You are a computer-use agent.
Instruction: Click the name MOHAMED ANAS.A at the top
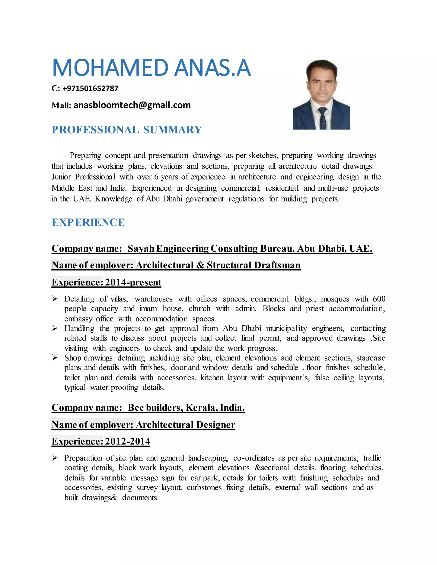coord(151,68)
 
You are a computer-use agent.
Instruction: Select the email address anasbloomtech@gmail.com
coord(132,105)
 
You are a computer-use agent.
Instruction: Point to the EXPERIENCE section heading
coord(88,222)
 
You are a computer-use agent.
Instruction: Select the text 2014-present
coord(133,282)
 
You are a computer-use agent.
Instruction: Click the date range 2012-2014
coord(128,441)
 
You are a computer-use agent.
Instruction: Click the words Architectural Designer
coord(185,424)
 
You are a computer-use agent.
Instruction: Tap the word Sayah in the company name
coord(141,248)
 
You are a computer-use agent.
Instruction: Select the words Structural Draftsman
coord(253,265)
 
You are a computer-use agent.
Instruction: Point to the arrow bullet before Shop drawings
coord(55,358)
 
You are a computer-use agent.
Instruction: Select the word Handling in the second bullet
coord(79,328)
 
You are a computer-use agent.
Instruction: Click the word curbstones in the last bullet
coord(204,487)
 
